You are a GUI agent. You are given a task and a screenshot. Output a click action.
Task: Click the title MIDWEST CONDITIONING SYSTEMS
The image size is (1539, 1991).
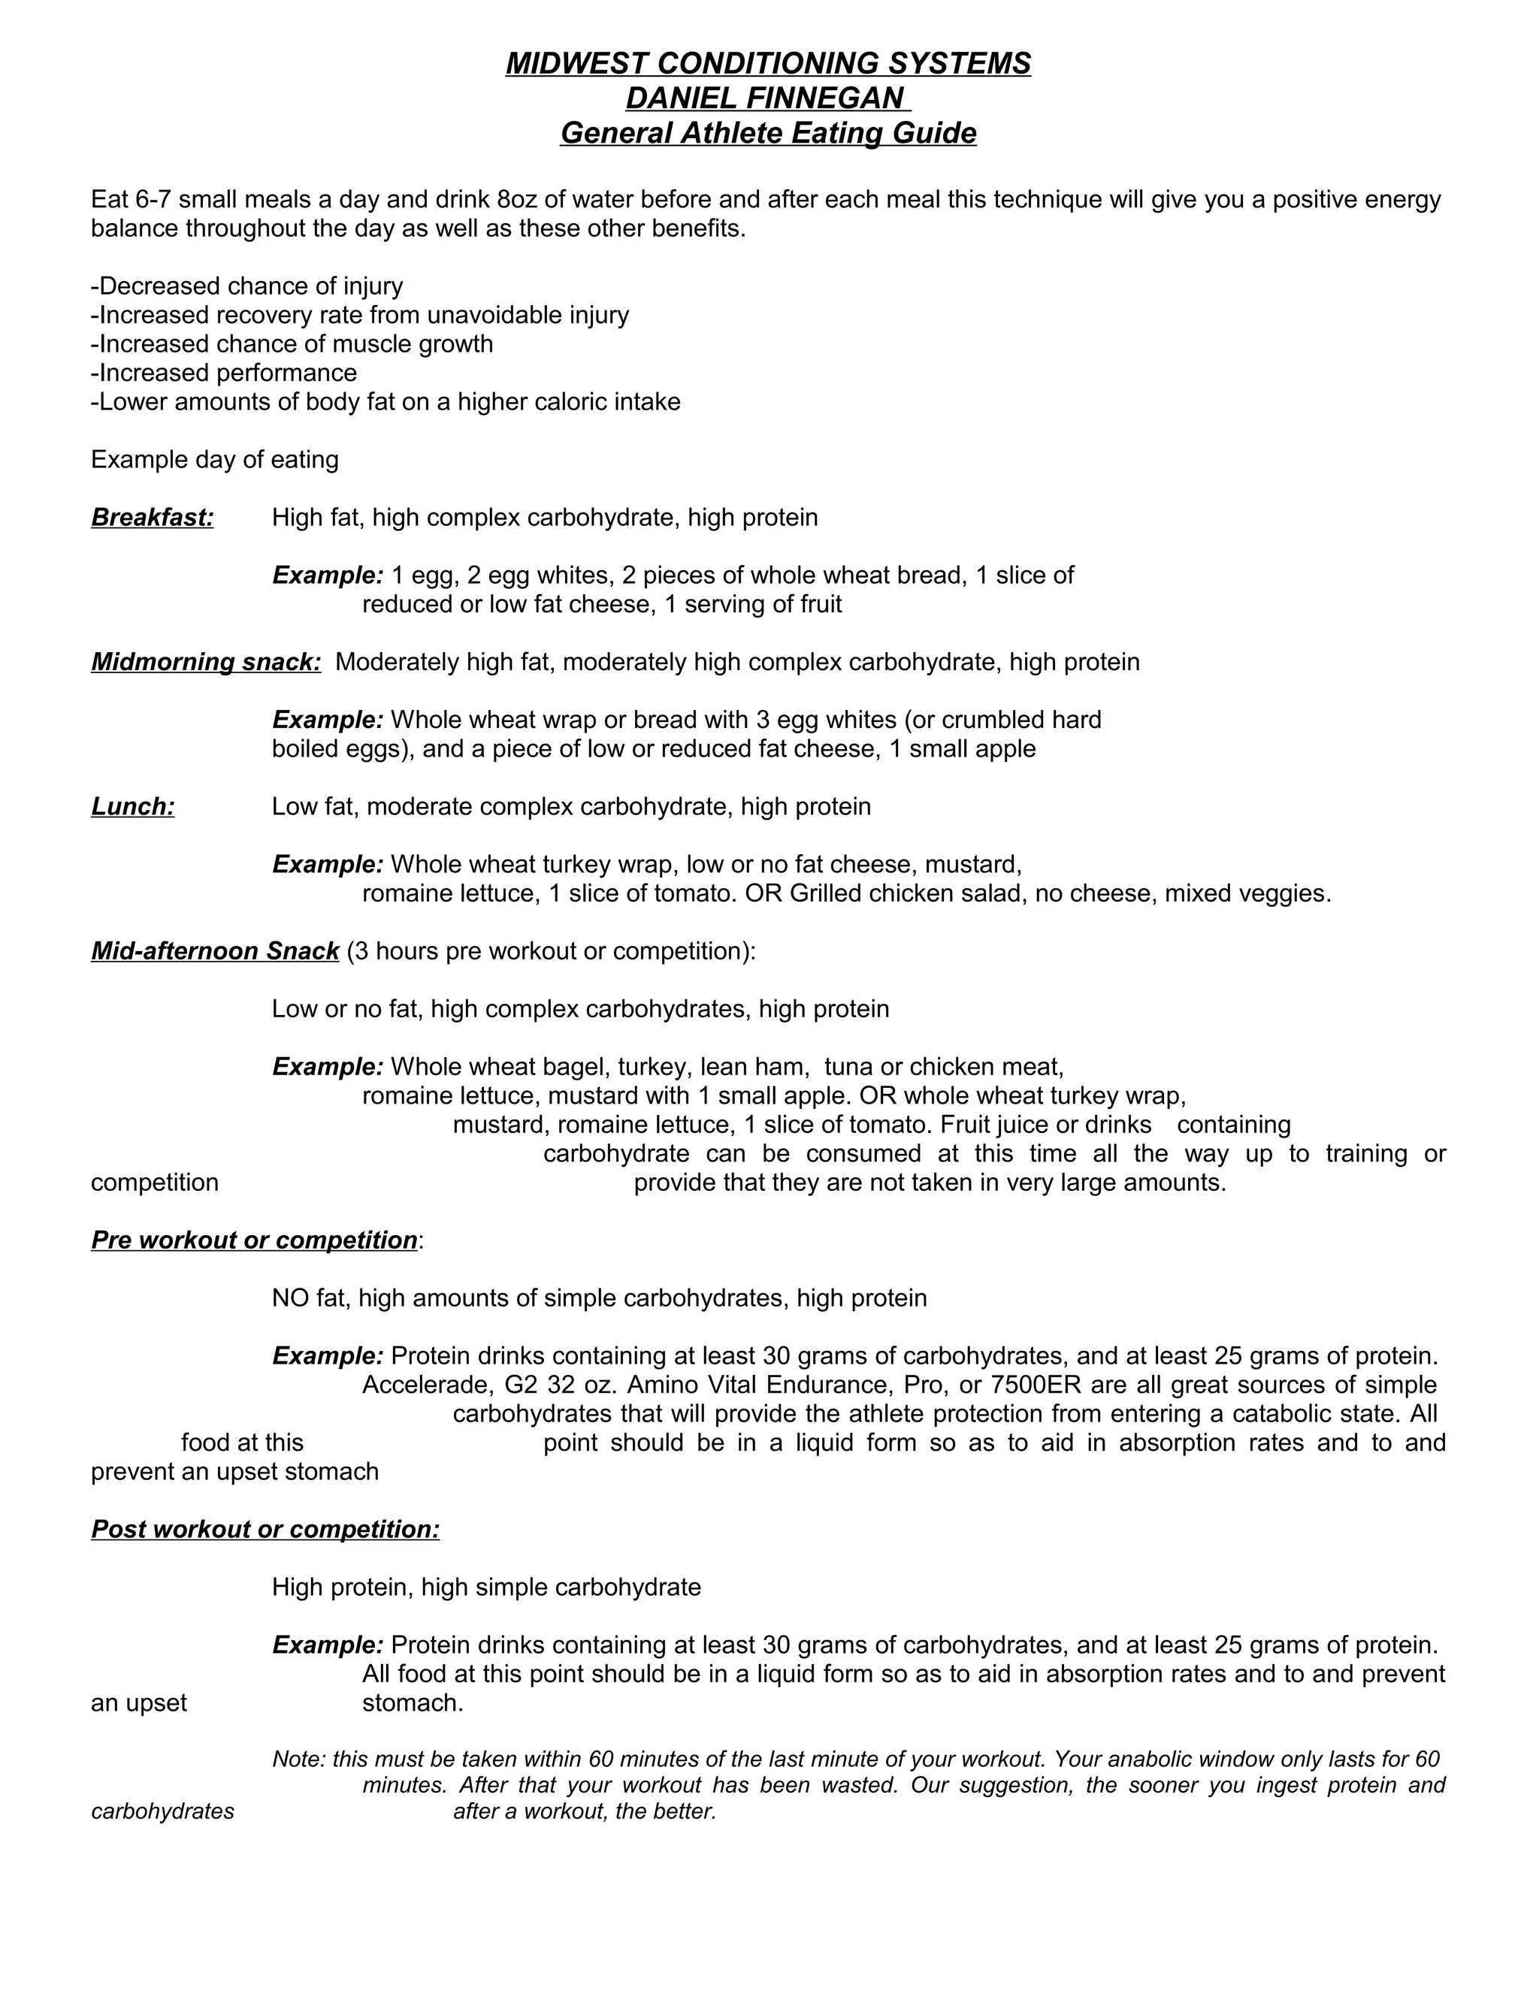coord(768,64)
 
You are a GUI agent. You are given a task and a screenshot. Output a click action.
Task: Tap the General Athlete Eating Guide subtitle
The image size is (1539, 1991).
coord(768,133)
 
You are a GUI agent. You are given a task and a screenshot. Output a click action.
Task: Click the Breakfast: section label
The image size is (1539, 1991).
coord(153,518)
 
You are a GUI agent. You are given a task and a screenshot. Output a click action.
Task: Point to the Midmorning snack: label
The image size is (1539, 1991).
coord(206,662)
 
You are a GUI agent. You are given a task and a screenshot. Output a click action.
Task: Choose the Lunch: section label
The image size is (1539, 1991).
coord(133,807)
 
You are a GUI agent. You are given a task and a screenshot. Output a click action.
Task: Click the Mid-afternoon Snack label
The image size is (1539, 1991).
coord(215,951)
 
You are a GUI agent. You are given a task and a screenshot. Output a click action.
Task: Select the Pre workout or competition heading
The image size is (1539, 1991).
coord(255,1240)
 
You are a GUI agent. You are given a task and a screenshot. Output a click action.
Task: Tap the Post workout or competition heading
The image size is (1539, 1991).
coord(265,1529)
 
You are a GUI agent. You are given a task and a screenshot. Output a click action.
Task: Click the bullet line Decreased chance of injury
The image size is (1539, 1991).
coord(247,286)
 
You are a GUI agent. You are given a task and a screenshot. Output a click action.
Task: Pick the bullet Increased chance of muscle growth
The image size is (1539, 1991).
coord(292,343)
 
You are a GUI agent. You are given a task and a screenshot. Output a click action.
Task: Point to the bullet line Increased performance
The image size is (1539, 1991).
coord(224,373)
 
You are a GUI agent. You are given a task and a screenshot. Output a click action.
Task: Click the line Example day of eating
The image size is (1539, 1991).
coord(215,460)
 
